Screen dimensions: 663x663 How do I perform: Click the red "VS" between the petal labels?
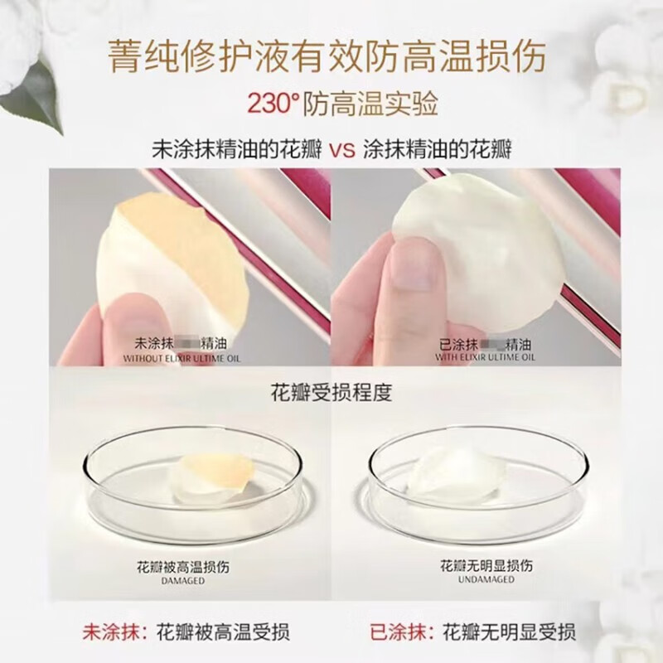343,152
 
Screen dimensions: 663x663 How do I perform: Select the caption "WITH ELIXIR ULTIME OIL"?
486,357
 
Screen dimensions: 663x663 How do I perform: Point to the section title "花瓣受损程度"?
331,391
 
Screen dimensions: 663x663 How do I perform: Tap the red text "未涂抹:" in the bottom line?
115,629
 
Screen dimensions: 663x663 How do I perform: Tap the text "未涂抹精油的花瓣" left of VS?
240,152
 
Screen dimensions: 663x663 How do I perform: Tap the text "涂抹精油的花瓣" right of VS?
438,152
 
